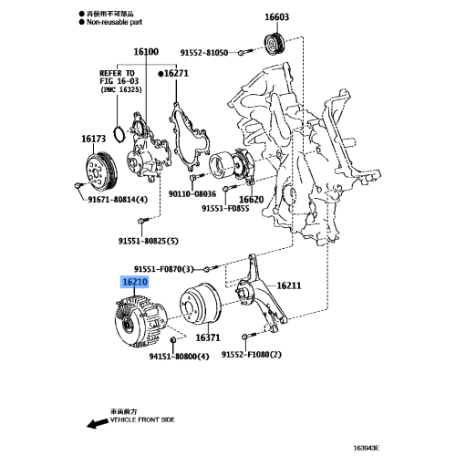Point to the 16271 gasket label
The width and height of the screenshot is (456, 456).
(x=176, y=71)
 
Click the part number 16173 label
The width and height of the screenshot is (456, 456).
(x=93, y=139)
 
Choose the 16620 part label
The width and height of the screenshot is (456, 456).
(x=252, y=198)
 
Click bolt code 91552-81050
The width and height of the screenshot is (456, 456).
(x=202, y=53)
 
